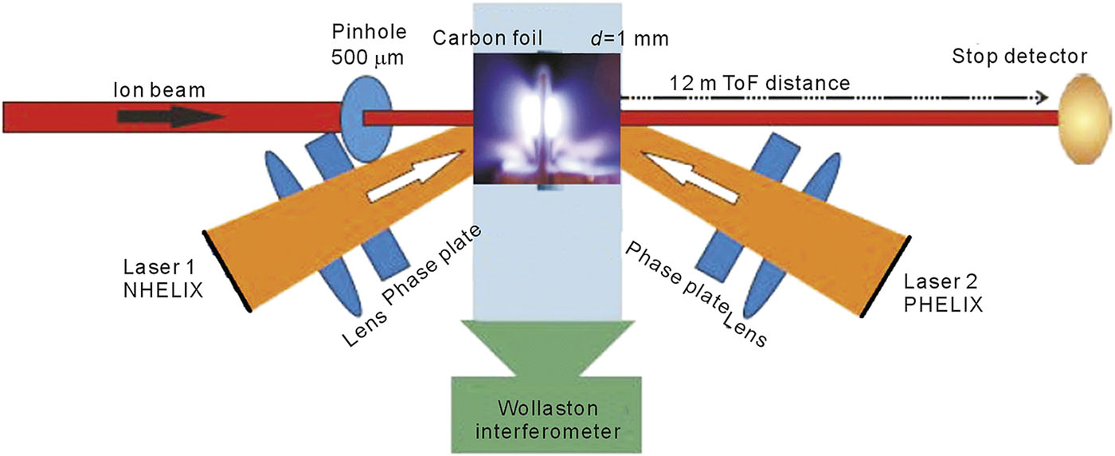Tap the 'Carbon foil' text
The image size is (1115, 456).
[x=483, y=37]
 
